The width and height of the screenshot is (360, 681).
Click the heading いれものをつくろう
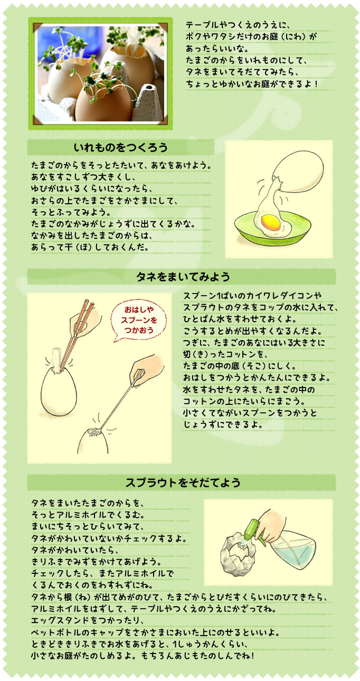coord(121,147)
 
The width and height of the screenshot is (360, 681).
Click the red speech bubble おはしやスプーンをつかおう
coord(139,320)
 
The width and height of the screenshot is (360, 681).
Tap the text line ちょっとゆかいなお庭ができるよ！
coord(251,83)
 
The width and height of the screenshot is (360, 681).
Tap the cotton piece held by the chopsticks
coord(55,355)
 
